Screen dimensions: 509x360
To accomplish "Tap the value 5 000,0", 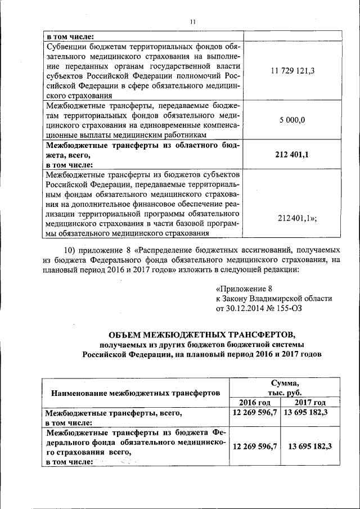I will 292,120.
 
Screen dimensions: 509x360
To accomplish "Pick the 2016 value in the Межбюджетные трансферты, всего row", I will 255,413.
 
